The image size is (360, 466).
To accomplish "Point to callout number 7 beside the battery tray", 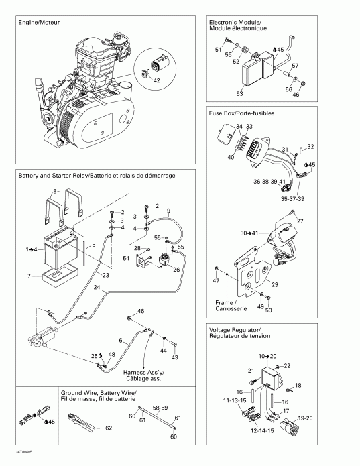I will (29, 276).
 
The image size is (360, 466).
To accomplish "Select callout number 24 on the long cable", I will (98, 288).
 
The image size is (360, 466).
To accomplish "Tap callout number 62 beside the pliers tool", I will (109, 427).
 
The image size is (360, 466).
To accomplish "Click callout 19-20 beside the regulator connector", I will (304, 418).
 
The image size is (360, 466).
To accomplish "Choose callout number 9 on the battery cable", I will (168, 211).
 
